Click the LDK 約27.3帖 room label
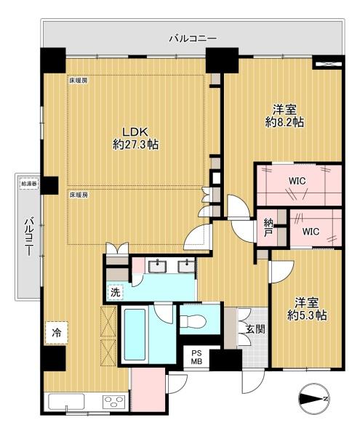pos(135,138)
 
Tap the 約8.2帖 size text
pos(284,122)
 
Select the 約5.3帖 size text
pos(307,315)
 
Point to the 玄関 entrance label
pos(255,329)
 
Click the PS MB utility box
pos(196,357)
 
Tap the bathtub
pos(135,335)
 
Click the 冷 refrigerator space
pos(57,333)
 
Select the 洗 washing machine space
pos(115,292)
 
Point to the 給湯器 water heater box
pos(29,184)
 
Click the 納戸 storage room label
pos(268,227)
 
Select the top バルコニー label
pos(193,38)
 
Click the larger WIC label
pos(297,181)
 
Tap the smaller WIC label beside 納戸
pos(311,231)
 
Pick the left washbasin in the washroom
pos(158,267)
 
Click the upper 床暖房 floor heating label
pos(79,81)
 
